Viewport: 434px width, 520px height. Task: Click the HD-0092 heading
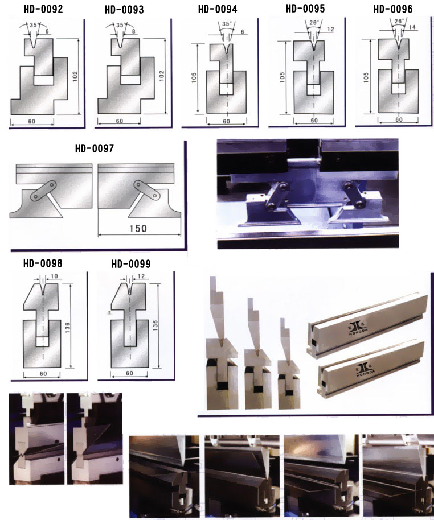click(43, 9)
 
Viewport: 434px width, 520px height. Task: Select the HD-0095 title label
click(305, 9)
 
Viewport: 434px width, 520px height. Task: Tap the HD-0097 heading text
click(95, 148)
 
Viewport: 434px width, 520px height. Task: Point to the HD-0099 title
click(131, 263)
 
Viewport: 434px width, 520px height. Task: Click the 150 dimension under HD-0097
click(138, 228)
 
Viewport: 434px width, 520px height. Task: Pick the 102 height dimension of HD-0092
click(75, 76)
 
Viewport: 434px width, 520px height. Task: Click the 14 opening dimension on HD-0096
click(412, 27)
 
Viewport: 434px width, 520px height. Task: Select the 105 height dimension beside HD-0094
click(194, 77)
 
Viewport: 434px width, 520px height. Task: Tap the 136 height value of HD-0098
click(68, 328)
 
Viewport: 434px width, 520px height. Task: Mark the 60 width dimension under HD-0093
click(120, 121)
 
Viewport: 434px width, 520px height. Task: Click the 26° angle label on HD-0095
click(314, 23)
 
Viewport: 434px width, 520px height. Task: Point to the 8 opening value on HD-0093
click(133, 31)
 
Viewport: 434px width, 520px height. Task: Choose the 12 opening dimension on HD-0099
click(141, 276)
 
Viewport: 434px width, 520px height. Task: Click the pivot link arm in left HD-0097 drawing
click(43, 191)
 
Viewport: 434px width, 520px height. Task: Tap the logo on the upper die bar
click(358, 327)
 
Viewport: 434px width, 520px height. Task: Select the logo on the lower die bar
click(366, 369)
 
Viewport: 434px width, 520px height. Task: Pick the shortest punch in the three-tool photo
click(285, 340)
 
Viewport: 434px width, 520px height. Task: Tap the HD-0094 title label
click(218, 9)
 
